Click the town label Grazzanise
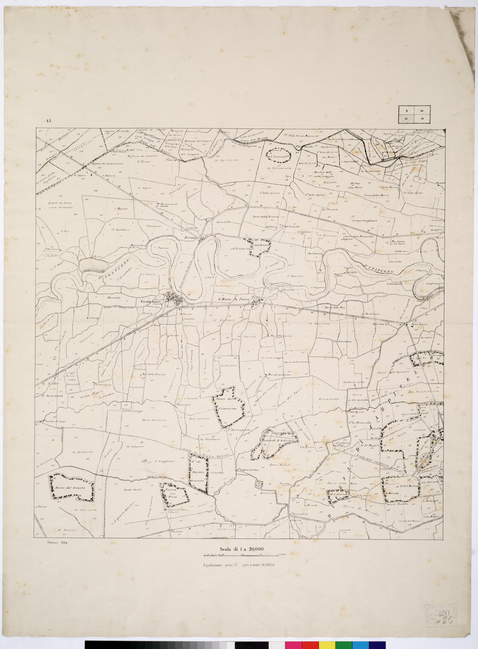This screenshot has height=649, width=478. point(150,301)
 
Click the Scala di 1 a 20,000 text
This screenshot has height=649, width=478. point(241,549)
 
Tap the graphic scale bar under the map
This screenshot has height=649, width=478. point(241,556)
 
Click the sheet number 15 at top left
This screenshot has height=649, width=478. point(49,121)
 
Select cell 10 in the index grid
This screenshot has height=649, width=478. point(422,111)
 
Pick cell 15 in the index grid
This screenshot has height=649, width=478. point(405,119)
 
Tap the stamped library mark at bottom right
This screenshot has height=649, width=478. point(441,615)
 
